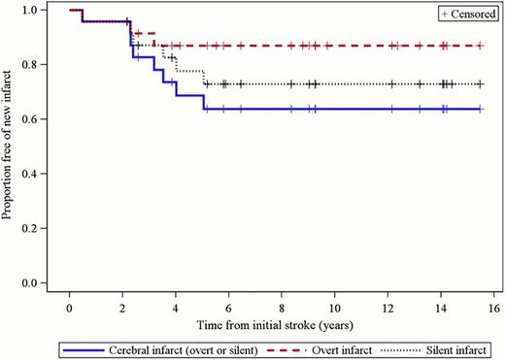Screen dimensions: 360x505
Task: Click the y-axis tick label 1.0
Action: pos(31,10)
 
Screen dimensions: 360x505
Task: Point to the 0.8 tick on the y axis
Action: pos(31,65)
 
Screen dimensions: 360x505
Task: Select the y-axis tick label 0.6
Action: pos(31,119)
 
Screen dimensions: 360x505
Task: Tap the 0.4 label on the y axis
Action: pos(31,175)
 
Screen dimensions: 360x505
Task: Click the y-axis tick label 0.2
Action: pos(31,229)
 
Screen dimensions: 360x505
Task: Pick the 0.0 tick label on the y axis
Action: pos(31,283)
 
